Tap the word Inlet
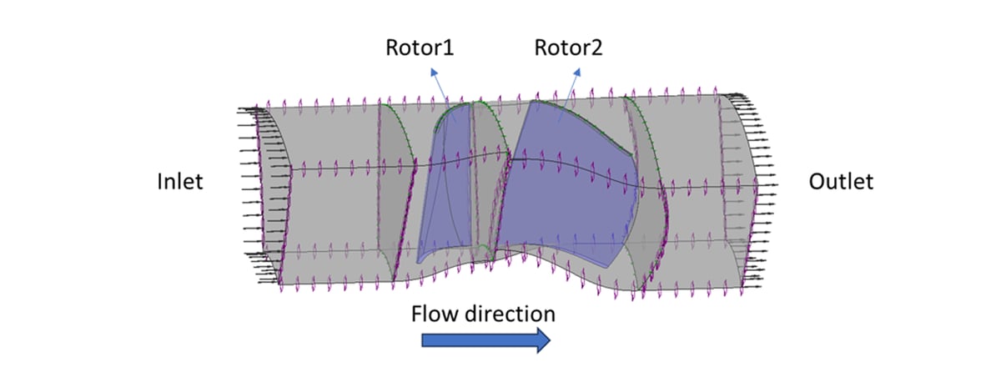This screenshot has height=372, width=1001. point(179,181)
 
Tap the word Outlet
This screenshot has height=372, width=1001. point(841,181)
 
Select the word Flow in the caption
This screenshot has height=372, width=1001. point(435,314)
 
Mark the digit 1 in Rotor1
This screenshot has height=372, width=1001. point(450,48)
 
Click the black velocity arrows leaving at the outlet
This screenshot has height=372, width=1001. point(755,183)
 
